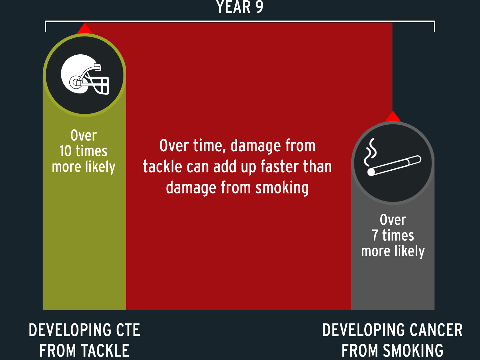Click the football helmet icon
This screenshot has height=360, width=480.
coord(85,74)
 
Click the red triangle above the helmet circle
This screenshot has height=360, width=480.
coord(85,28)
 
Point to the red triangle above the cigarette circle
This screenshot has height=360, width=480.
coord(393,117)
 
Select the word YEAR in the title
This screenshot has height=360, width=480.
coord(233,7)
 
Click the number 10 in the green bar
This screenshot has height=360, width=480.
coord(66,151)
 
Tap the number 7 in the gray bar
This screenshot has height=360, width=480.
coord(375,235)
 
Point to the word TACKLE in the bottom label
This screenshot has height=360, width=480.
coord(105,351)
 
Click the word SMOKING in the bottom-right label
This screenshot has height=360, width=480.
coord(413,351)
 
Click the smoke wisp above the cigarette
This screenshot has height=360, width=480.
coord(370,152)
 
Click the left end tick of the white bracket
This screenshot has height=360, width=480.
coord(45,27)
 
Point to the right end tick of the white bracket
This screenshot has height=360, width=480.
coord(434,27)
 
